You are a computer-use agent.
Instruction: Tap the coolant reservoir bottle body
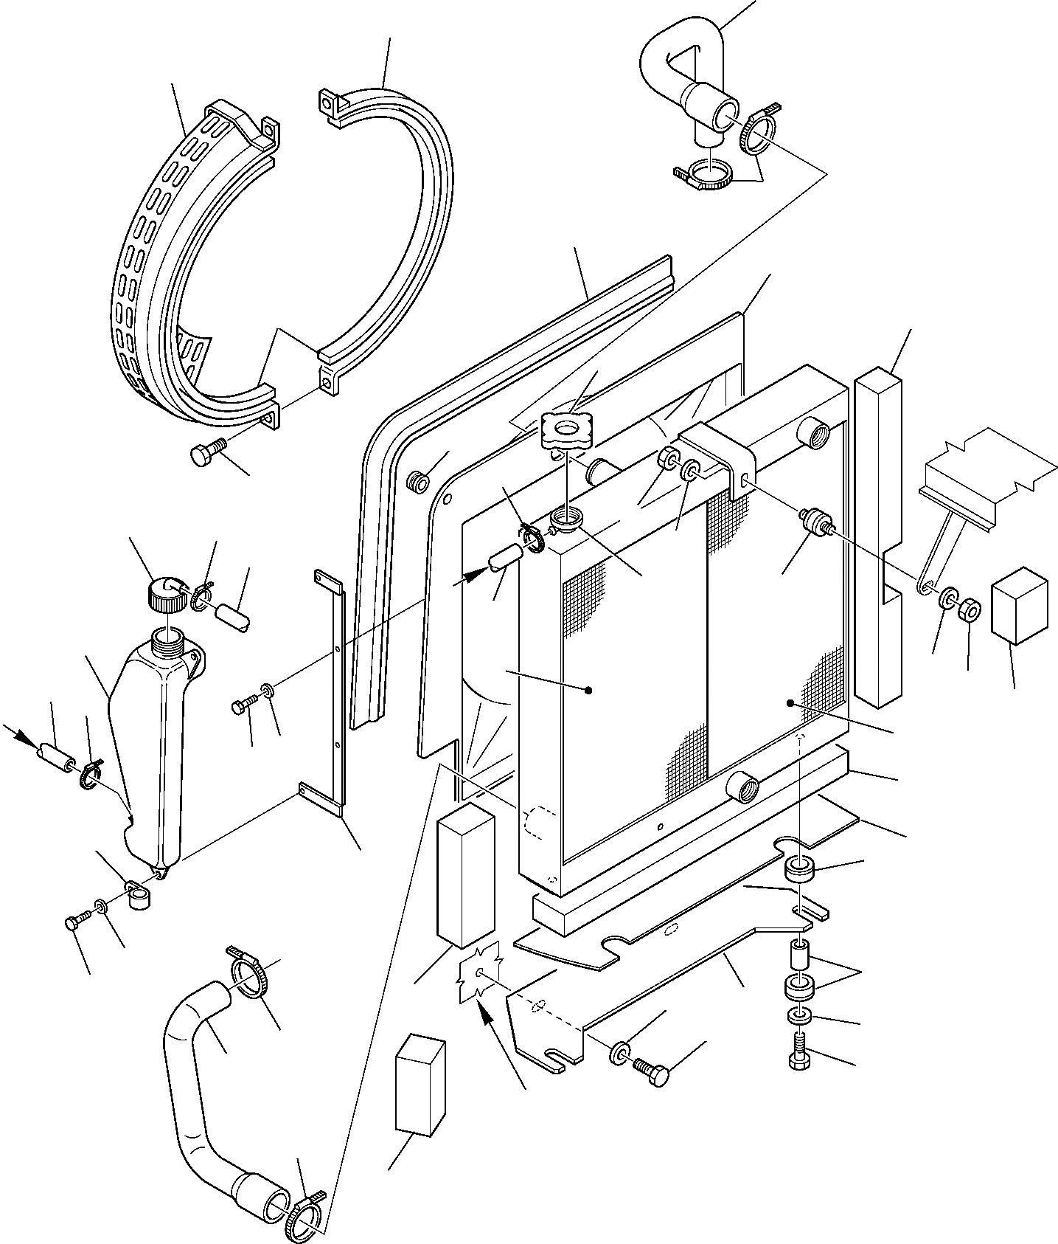coord(151,745)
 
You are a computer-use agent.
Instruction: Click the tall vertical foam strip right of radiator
coord(878,539)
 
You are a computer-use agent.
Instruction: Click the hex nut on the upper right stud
coord(970,611)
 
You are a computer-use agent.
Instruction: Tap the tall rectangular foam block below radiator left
coord(465,874)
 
